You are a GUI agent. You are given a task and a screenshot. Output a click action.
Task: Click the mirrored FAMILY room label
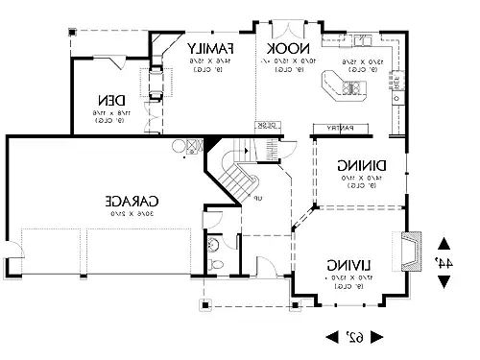(211, 48)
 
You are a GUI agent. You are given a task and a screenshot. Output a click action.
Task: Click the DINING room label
(360, 164)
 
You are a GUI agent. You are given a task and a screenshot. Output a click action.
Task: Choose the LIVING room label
(345, 263)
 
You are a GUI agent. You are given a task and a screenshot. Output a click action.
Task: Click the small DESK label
(266, 125)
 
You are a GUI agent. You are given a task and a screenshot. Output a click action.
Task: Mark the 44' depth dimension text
(444, 260)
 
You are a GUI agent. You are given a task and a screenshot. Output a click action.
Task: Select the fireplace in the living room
(412, 251)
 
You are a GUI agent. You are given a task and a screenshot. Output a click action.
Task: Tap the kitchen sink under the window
(365, 40)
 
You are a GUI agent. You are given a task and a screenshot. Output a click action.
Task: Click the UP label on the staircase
(256, 198)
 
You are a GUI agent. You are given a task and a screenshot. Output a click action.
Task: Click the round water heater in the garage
(179, 146)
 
